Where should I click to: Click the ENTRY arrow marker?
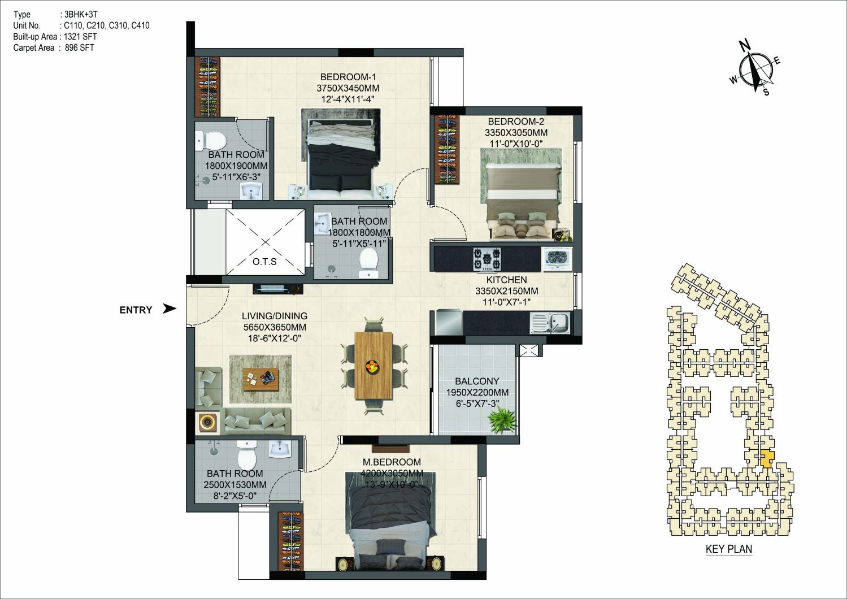170,309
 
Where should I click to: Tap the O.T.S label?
264,261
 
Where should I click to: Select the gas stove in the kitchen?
487,259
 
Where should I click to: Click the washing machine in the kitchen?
557,259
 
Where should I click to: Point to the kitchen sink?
550,323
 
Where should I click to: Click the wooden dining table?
373,365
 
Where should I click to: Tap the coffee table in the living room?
261,379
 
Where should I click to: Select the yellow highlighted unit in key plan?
767,459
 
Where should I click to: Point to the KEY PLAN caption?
729,549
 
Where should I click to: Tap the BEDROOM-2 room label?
516,121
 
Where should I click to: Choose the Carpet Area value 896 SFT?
80,48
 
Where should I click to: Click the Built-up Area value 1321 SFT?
80,37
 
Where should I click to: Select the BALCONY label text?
477,381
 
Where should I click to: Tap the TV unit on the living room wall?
278,289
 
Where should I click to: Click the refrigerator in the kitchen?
449,322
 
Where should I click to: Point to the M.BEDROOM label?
392,462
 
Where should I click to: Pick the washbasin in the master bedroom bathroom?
280,449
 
